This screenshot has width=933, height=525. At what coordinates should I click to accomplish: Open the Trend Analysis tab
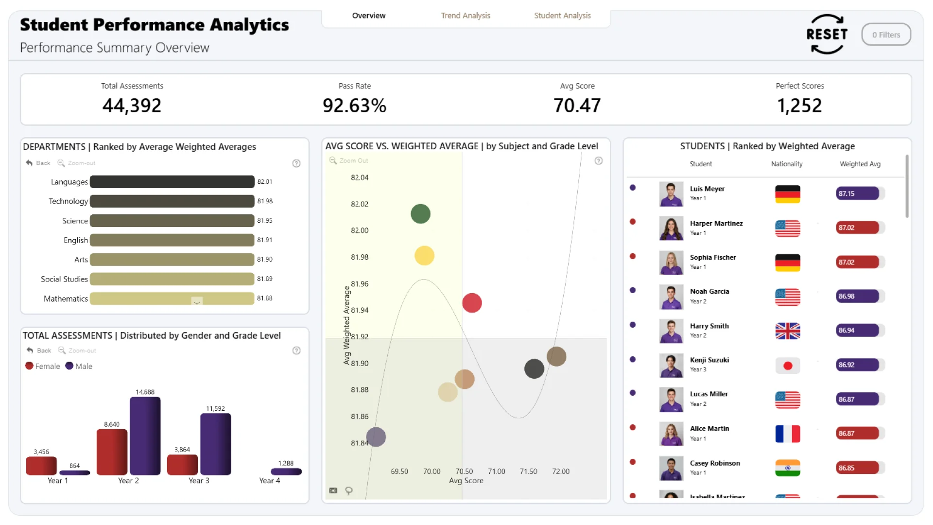[466, 16]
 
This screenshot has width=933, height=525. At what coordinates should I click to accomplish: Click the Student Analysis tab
[562, 16]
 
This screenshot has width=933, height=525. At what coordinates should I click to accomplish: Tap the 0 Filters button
[886, 35]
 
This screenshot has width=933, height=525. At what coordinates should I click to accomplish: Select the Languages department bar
[172, 182]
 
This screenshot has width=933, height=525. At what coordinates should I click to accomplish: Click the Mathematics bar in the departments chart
[172, 298]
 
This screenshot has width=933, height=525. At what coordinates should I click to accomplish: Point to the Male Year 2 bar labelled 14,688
[145, 436]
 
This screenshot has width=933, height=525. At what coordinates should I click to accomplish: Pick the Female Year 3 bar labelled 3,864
[182, 465]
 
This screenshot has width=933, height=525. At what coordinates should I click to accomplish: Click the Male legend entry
[79, 366]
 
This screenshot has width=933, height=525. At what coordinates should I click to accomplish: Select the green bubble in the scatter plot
[420, 214]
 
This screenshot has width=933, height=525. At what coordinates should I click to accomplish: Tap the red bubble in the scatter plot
[472, 303]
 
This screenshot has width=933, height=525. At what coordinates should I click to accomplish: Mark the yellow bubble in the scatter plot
[424, 256]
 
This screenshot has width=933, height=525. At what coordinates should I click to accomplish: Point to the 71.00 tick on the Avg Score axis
[496, 472]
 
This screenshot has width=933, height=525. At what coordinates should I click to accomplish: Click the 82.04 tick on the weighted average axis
[360, 178]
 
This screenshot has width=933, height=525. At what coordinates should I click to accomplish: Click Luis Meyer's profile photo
[671, 194]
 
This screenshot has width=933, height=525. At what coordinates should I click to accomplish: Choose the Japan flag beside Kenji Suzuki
[788, 366]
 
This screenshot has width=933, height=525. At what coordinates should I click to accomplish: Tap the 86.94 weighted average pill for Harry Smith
[857, 331]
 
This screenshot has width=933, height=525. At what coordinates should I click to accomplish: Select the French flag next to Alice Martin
[788, 434]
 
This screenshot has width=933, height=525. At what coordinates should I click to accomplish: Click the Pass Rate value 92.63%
[354, 105]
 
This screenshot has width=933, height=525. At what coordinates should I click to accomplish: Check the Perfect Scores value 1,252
[799, 105]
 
